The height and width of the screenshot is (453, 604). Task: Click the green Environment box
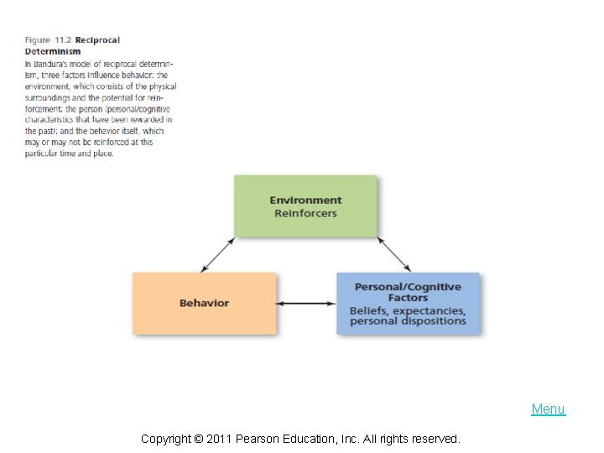coord(305,206)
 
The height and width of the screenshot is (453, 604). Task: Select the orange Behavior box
coord(204,303)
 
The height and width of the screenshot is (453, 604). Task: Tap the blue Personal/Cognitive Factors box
coord(408,303)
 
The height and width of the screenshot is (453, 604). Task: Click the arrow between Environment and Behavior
coord(218,255)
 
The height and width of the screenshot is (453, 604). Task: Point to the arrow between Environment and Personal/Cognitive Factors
coord(393,253)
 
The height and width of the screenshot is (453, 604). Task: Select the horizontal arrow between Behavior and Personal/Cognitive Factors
coord(306,303)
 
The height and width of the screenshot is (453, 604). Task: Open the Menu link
coord(549,409)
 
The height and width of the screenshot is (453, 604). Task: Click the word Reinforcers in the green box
coord(305,213)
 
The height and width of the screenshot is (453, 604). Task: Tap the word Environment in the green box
coord(305,200)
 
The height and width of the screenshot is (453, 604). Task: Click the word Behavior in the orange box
coord(204,303)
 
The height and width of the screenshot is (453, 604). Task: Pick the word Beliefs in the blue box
coord(368,310)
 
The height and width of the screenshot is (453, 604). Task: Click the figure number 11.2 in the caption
coord(64,40)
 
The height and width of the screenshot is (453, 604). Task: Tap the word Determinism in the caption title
coord(53,51)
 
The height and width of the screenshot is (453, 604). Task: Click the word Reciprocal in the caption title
coord(98,40)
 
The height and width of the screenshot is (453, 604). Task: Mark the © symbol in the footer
coord(199,439)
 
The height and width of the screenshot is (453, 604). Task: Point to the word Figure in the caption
coord(38,40)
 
